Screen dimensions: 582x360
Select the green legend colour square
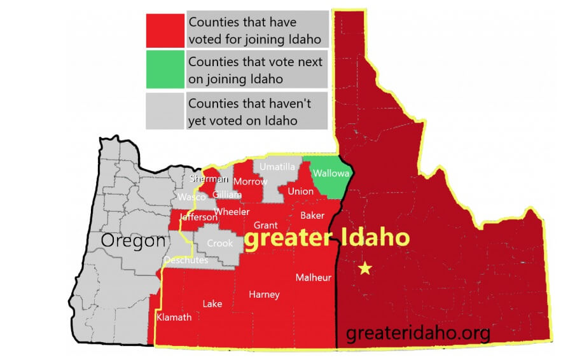(x=165, y=70)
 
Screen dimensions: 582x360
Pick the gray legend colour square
(x=165, y=111)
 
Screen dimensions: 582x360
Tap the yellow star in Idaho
(x=365, y=268)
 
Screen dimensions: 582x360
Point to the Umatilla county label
(x=277, y=167)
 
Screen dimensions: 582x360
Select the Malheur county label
(x=313, y=277)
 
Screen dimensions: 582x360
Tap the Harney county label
(x=264, y=294)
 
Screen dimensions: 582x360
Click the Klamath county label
(x=174, y=317)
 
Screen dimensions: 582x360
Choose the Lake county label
(x=212, y=304)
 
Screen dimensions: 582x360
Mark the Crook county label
(x=220, y=244)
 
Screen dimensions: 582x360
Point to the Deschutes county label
(x=185, y=260)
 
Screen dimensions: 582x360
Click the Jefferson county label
(x=198, y=218)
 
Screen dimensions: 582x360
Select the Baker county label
(x=312, y=215)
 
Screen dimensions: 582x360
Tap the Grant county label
(x=265, y=225)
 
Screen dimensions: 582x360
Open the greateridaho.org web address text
(x=418, y=331)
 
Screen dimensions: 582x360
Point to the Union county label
(x=300, y=191)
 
